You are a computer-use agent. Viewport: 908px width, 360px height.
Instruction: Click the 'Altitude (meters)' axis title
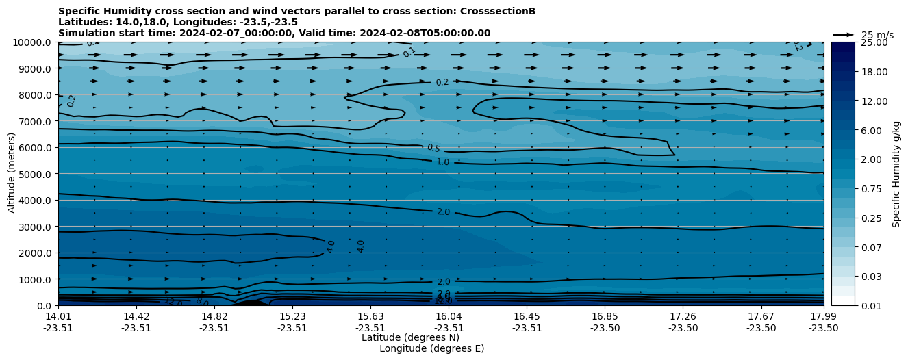pyautogui.click(x=12, y=174)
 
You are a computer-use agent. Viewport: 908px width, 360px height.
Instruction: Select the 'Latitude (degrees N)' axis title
pyautogui.click(x=410, y=337)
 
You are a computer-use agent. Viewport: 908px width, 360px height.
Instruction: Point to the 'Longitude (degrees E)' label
pyautogui.click(x=431, y=348)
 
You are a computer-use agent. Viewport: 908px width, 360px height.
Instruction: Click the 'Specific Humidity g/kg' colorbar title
pyautogui.click(x=897, y=174)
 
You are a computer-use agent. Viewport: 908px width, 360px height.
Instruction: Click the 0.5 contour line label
pyautogui.click(x=433, y=148)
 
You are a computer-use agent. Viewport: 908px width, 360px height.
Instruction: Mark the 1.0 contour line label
pyautogui.click(x=443, y=162)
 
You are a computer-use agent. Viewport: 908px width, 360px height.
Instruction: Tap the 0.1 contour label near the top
pyautogui.click(x=409, y=52)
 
